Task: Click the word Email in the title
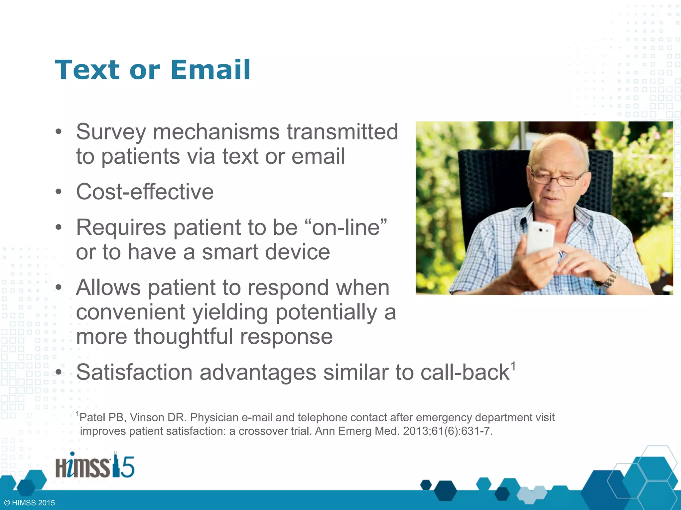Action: point(210,70)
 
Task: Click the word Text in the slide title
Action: point(87,70)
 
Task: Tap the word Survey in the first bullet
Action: point(111,132)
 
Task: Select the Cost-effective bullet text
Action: point(145,192)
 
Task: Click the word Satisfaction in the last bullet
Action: point(134,372)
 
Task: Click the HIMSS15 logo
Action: point(95,466)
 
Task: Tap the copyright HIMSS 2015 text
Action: point(30,503)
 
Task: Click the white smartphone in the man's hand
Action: point(540,237)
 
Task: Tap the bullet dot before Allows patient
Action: point(59,288)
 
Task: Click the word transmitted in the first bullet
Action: point(342,132)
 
